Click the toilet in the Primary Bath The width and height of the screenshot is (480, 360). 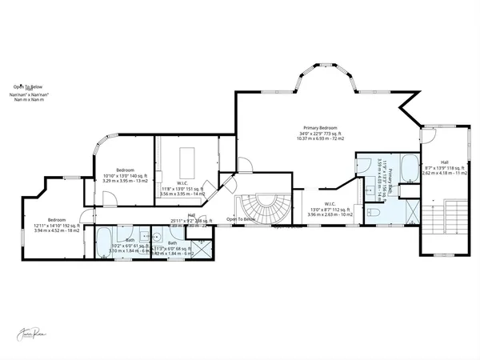pos(374,213)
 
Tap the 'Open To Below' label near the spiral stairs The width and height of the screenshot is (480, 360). pos(241,219)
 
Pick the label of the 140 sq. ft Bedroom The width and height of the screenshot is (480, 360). pos(126,170)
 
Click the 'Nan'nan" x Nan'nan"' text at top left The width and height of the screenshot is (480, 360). pos(29,94)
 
